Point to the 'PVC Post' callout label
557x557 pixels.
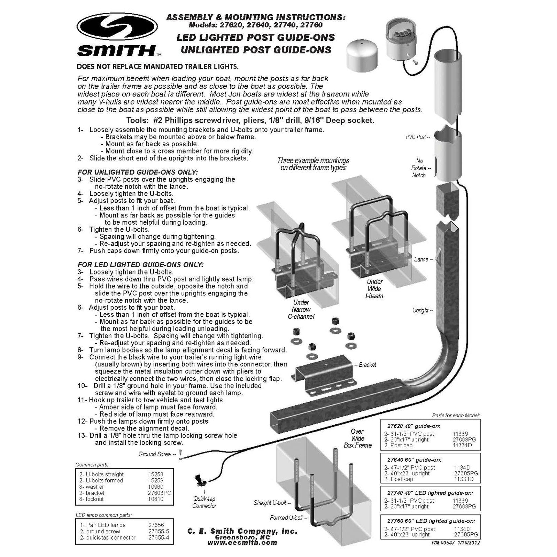point(418,137)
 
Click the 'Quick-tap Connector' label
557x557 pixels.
point(204,502)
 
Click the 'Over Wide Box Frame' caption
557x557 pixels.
point(357,438)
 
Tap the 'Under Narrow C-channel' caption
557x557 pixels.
point(301,309)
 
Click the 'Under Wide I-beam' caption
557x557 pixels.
point(374,289)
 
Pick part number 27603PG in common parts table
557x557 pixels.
point(160,493)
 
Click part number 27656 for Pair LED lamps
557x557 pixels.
point(156,525)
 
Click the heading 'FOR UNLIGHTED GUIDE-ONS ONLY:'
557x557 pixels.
point(138,172)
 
